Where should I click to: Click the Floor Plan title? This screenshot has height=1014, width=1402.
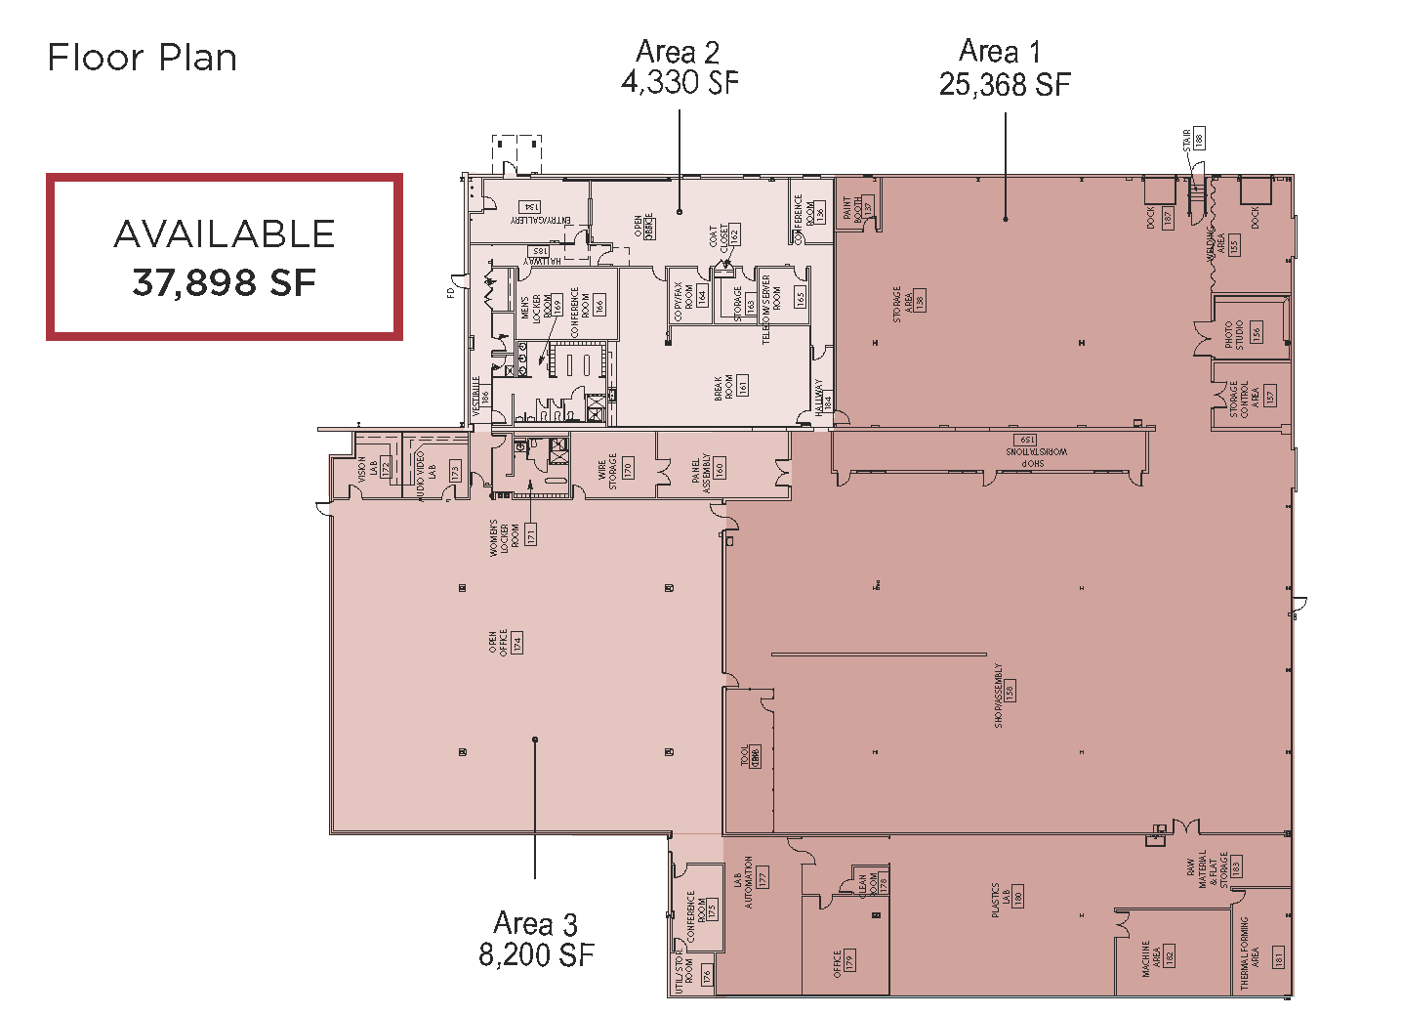coord(143,59)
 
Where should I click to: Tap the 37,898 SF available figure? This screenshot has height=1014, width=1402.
coord(225,283)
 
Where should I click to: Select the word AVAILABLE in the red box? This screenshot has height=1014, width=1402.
coord(225,234)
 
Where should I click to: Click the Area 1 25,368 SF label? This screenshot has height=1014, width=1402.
coord(1005,68)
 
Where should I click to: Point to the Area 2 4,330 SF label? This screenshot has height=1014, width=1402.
coord(680,67)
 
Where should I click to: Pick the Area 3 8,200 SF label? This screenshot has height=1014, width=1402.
coord(536,939)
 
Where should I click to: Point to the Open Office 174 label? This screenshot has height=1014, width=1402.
coord(505,642)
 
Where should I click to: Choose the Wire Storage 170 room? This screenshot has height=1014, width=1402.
coord(618,468)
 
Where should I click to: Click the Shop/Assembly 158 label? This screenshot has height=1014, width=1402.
coord(1004,696)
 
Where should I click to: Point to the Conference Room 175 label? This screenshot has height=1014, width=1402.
coord(701,914)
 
